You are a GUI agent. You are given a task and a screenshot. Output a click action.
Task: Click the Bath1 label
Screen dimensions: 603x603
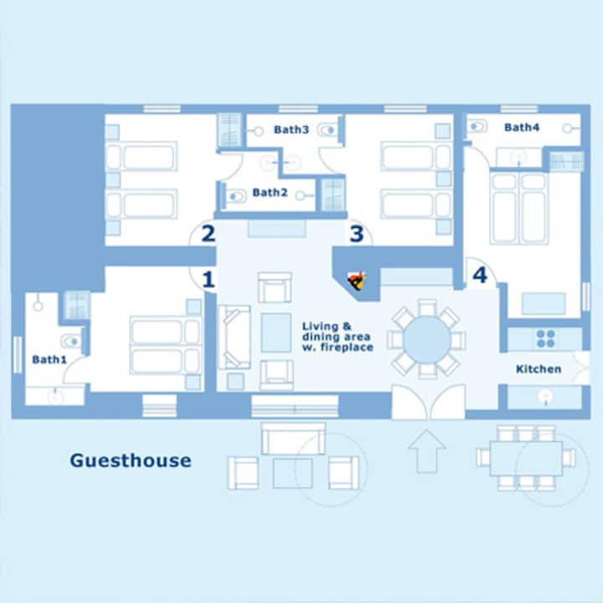point(49,359)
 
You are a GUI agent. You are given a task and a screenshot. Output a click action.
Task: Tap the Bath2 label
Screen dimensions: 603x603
point(270,193)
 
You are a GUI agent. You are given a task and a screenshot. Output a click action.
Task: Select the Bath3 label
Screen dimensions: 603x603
point(291,130)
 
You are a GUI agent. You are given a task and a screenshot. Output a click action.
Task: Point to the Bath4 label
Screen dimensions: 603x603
point(522,127)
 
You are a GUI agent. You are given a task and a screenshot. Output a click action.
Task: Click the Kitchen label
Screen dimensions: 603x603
point(539,369)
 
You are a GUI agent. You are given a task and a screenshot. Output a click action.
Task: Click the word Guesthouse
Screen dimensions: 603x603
point(131,461)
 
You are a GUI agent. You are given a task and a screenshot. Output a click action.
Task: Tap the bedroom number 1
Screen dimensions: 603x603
point(208,280)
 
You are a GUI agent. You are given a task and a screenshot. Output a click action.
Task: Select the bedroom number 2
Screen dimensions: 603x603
point(208,234)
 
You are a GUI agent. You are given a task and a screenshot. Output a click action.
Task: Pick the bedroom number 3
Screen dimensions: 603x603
point(357,234)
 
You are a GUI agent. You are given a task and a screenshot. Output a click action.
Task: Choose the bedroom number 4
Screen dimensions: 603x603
point(480,275)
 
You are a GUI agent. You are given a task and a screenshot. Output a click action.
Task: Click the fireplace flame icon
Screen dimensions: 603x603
point(357,281)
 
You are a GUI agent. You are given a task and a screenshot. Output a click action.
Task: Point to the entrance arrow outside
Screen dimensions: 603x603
point(426,451)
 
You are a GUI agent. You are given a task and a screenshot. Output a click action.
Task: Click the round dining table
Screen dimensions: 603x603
point(427,339)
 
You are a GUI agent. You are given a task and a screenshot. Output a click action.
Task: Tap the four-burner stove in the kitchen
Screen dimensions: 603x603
point(546,339)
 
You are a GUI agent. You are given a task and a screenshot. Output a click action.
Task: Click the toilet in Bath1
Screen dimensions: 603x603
point(70,341)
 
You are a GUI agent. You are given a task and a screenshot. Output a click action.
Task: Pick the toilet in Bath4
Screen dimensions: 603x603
point(477,126)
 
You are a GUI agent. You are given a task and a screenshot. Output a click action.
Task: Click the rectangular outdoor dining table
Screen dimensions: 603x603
point(526,458)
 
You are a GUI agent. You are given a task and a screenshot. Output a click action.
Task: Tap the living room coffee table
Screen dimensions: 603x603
point(276,332)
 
